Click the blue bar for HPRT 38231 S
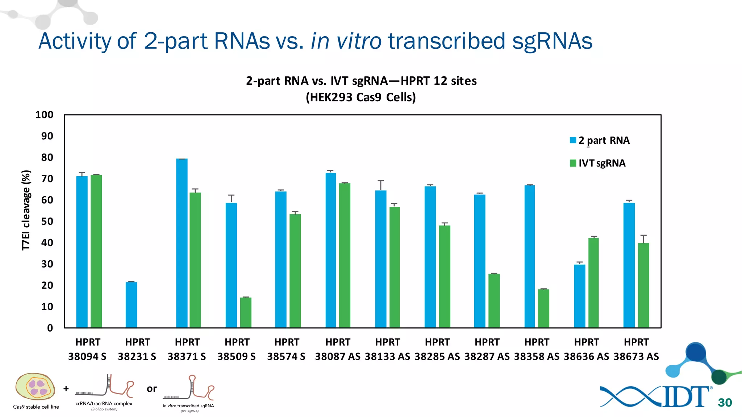coord(131,305)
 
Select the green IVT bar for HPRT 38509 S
coord(246,312)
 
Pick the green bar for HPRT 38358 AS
coord(543,308)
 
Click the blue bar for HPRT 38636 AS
coord(580,296)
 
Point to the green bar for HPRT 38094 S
coord(96,251)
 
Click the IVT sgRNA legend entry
coord(601,163)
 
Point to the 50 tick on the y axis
coord(47,222)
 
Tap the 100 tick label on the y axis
coord(44,115)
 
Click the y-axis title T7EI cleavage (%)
coord(26,210)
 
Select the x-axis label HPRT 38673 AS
coord(636,349)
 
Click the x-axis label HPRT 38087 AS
coord(338,349)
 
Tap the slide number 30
coord(725,403)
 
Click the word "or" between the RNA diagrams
coord(151,389)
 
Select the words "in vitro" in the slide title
coord(346,41)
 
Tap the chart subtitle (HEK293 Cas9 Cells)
coord(361,97)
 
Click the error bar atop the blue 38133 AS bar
coord(380,185)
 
